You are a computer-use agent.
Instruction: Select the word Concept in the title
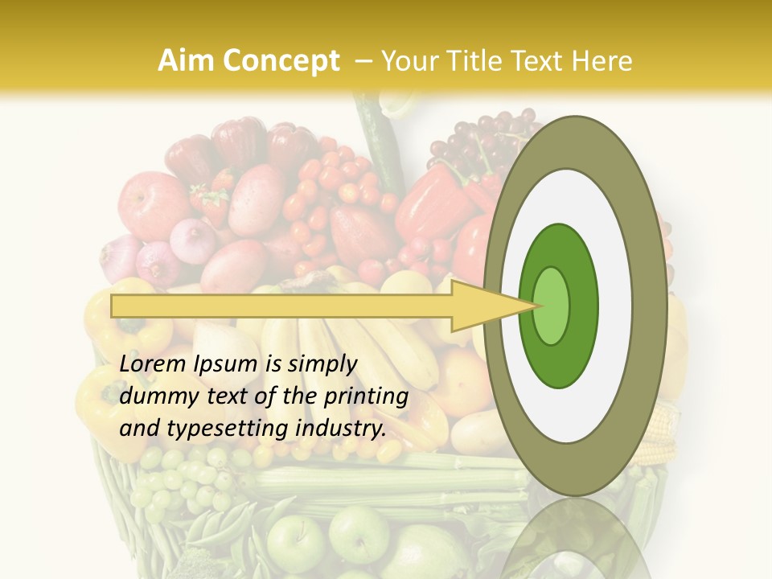280,62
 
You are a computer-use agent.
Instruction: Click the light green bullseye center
552,306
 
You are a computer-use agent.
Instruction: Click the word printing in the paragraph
365,397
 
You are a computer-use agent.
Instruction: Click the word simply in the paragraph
322,365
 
